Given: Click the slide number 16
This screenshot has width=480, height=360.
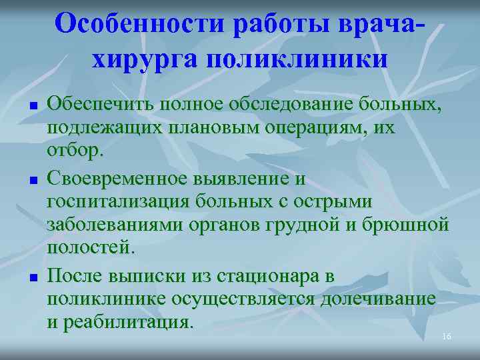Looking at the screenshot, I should (x=447, y=337).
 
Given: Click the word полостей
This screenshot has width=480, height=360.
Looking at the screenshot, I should (x=90, y=248).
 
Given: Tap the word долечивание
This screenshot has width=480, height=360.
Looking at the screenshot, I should (x=378, y=299).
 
